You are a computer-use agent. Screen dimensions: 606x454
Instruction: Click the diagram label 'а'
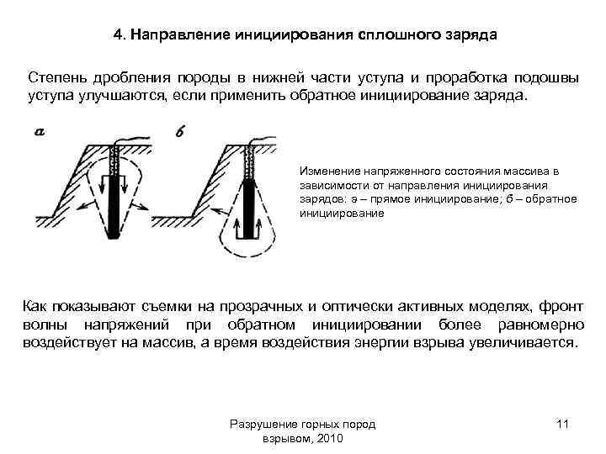point(40,131)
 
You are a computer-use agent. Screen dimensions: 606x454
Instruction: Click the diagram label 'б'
point(181,130)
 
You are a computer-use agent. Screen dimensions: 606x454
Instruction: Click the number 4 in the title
point(118,36)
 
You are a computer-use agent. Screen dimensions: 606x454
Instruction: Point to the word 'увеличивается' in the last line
point(524,343)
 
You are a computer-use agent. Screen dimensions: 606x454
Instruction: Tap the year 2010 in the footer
point(324,439)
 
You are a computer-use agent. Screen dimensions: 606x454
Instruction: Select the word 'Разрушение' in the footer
point(262,425)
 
